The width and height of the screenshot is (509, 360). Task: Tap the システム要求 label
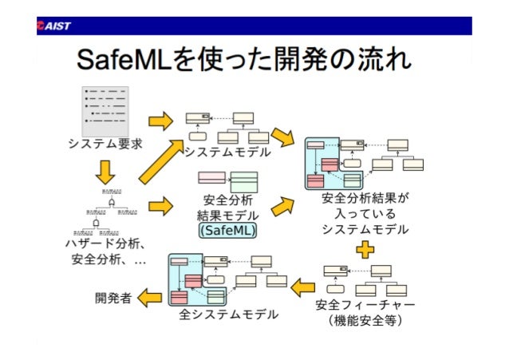point(105,144)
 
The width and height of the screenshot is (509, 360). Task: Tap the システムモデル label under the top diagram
point(227,151)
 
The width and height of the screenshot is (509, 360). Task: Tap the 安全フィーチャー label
point(365,304)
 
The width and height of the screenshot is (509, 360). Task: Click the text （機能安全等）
point(365,321)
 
